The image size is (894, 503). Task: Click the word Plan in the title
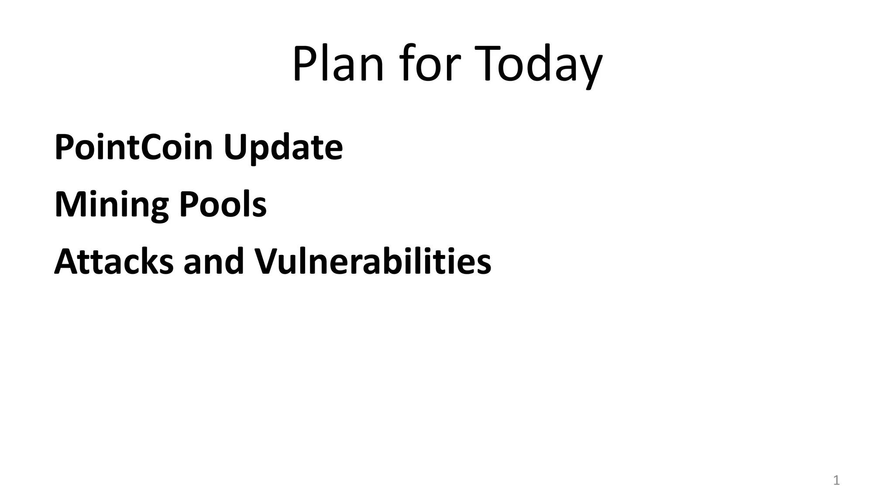point(338,64)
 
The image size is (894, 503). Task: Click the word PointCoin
point(134,147)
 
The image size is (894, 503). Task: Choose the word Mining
point(111,205)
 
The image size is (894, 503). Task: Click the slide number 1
point(836,481)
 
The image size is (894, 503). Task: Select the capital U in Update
point(236,148)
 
